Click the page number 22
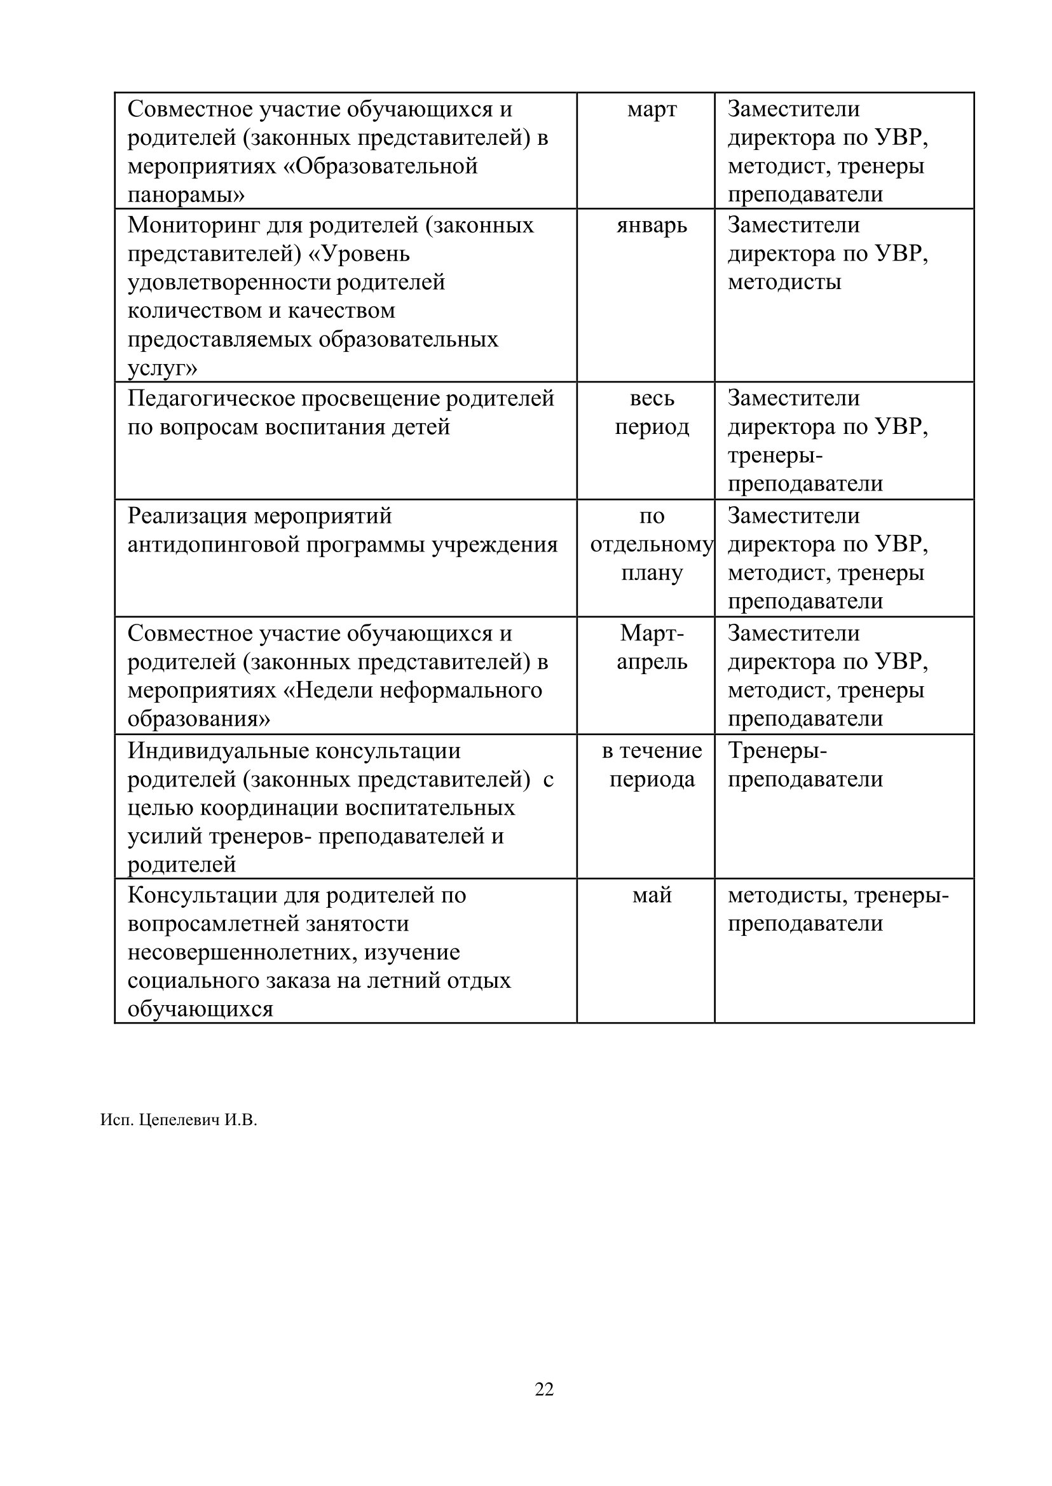[544, 1389]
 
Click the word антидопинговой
[213, 544]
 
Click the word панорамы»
[186, 195]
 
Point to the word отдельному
[652, 544]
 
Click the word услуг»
[163, 368]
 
